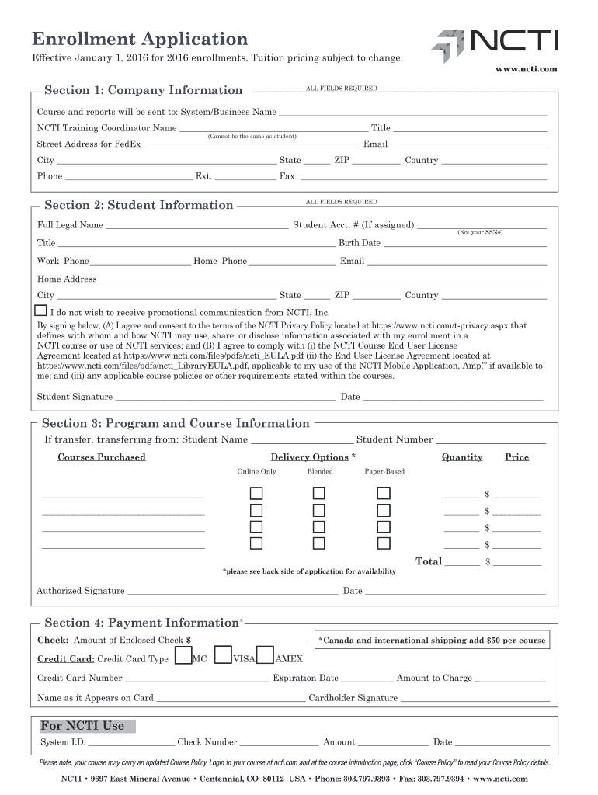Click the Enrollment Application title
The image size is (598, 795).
(140, 39)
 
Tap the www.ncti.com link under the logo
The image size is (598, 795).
(526, 70)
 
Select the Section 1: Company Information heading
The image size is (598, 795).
(144, 90)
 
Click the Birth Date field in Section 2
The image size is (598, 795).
(465, 243)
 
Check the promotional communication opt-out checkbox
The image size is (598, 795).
(41, 311)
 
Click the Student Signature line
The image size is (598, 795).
(225, 397)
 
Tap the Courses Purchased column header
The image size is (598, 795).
(102, 457)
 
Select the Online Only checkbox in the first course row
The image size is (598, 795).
(256, 494)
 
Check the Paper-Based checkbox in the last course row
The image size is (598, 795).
(384, 543)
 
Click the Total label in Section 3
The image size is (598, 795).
(429, 561)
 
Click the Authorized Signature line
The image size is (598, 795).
(233, 591)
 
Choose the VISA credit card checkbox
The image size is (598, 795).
(223, 657)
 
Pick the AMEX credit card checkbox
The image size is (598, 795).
(265, 657)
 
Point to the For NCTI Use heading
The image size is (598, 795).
(82, 726)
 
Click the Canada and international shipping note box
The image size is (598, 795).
(432, 641)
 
